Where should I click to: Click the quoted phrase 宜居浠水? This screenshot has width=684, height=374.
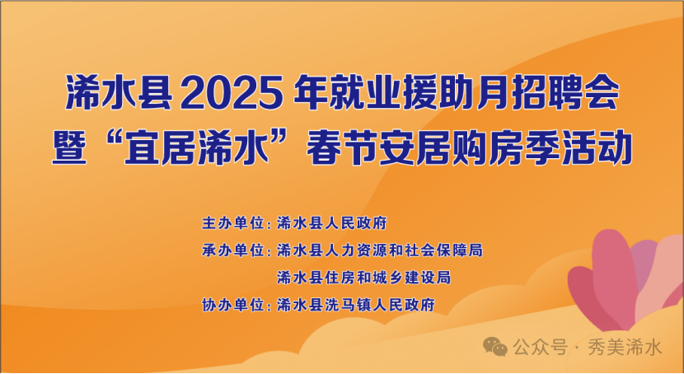click(x=196, y=147)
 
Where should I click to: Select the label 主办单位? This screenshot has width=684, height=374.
click(x=233, y=223)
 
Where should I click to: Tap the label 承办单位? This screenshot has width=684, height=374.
click(x=233, y=250)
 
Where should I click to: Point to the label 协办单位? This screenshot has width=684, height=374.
click(x=233, y=305)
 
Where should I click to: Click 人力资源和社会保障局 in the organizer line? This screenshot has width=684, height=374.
click(x=404, y=250)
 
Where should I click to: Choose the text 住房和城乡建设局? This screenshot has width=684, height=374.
click(x=388, y=278)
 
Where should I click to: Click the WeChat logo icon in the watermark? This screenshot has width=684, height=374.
click(x=495, y=347)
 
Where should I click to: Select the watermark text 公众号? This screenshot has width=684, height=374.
click(x=540, y=348)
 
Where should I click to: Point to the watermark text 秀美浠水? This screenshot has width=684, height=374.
click(x=625, y=348)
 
